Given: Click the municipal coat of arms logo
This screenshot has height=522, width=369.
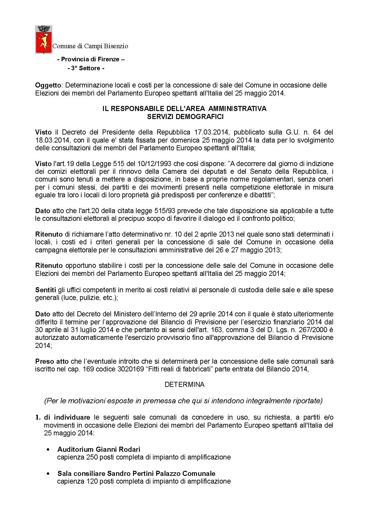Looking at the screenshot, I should (43, 40).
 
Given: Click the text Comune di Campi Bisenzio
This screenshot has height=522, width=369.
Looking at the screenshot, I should (90, 46).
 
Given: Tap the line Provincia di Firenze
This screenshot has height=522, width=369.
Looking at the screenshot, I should (91, 59).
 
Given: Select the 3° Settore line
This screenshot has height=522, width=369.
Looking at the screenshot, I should (86, 68).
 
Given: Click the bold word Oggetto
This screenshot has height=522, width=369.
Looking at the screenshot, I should (46, 85).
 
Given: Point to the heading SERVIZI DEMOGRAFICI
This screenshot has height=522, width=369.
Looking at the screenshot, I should (185, 117).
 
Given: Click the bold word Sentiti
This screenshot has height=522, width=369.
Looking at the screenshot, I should (46, 290).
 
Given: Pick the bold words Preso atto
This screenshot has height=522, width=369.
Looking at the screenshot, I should (52, 361).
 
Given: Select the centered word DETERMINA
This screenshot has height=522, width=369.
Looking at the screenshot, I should (185, 385).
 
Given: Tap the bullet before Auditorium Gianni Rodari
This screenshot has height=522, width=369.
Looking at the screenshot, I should (48, 449).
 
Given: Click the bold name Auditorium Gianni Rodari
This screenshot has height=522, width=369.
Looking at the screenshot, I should (99, 449).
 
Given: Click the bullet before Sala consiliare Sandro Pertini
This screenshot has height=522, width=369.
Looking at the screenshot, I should (48, 473).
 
